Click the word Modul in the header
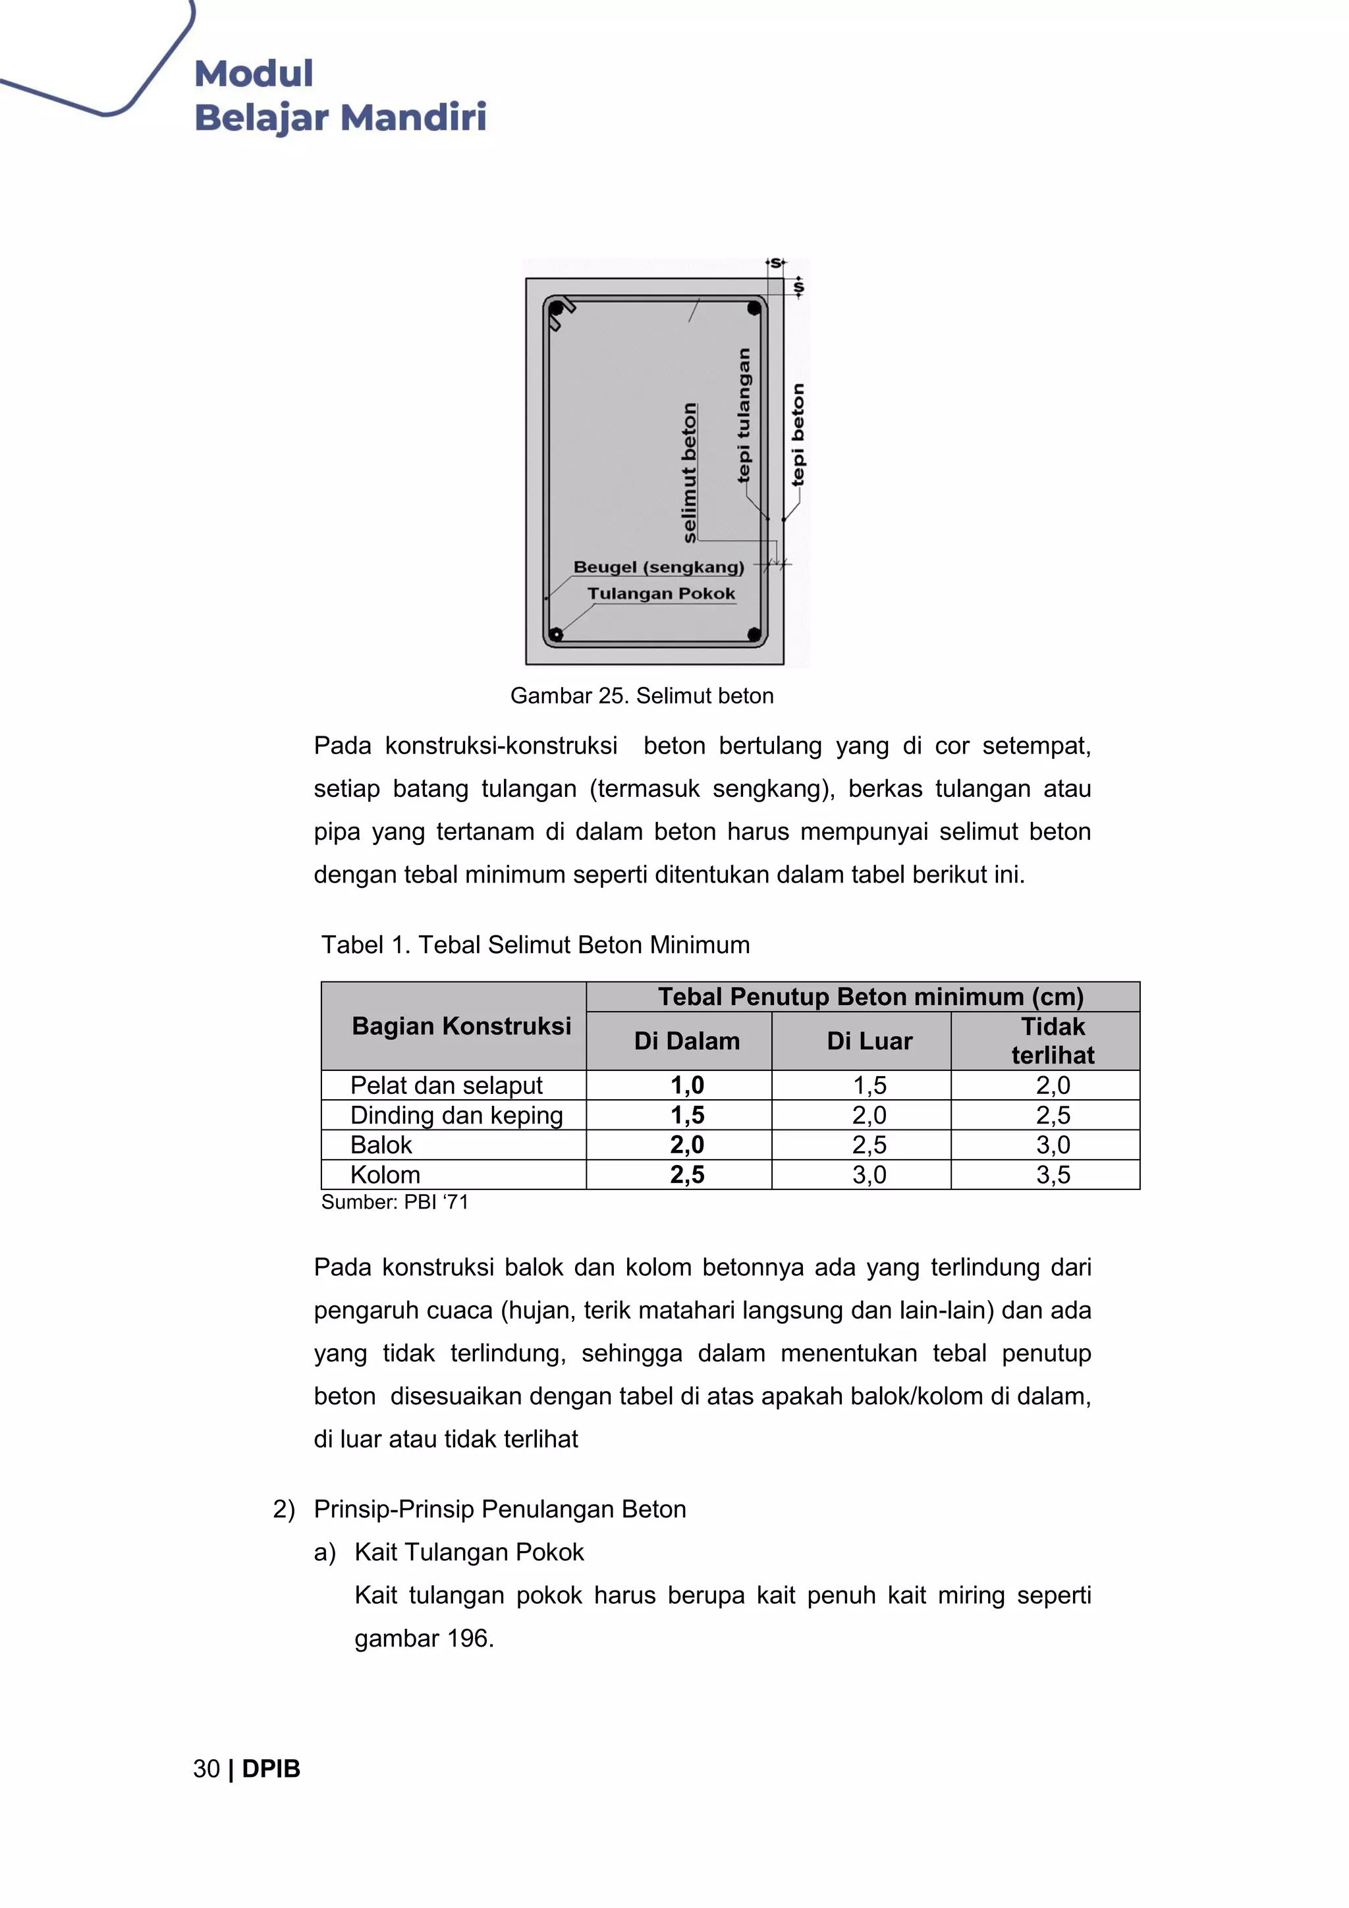coord(254,73)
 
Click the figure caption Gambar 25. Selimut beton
coord(642,695)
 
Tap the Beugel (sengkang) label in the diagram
coord(658,567)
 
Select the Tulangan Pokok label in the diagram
coord(661,593)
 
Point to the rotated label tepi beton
coord(798,435)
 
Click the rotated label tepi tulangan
coord(744,415)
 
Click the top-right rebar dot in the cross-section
coord(754,308)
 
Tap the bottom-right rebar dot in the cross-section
coord(754,635)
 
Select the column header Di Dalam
coord(686,1041)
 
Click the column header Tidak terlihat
coord(1053,1041)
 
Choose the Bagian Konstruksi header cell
coord(461,1026)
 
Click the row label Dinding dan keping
coord(456,1115)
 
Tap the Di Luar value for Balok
coord(869,1145)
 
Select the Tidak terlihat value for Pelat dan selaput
coord(1053,1085)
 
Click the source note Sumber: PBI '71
coord(395,1203)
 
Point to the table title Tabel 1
coord(536,945)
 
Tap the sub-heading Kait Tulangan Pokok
coord(469,1552)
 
